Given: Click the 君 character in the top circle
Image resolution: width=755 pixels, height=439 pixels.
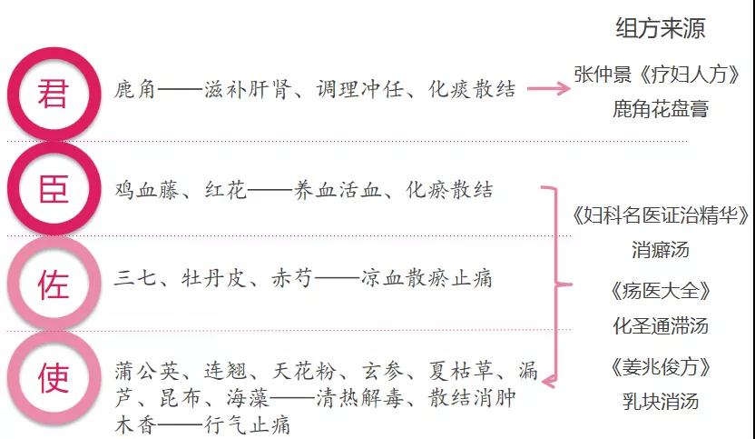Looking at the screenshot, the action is [53, 94].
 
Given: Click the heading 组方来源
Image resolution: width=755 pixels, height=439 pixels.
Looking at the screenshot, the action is [660, 27].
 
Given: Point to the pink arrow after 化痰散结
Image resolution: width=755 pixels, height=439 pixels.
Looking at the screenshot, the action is [549, 88].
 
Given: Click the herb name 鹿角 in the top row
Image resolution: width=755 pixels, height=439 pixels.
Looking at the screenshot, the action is [135, 90].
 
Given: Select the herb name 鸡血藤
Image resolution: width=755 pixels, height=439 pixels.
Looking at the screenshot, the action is [146, 190].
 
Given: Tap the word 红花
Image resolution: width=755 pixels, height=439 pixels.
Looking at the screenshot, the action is [225, 190].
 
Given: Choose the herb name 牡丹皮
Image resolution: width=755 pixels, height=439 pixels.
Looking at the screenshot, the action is [214, 279].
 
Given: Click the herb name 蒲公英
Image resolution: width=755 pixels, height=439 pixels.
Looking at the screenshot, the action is [147, 371].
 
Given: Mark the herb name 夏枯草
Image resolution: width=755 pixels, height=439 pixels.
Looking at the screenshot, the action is [461, 371].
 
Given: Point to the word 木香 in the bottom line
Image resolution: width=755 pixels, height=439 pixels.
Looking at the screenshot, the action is [135, 425].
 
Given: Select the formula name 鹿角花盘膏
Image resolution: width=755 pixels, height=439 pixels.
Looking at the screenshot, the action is [660, 109].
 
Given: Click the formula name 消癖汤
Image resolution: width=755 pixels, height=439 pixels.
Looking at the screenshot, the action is [660, 250].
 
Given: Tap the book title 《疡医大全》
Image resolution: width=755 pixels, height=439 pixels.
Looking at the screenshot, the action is [660, 291].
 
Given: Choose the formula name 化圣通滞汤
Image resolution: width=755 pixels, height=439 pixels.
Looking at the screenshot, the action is [660, 326].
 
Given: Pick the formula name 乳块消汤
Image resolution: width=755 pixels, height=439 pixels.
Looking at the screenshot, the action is [660, 402].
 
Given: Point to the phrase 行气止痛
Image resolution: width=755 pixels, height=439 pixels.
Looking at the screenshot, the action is [247, 425].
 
